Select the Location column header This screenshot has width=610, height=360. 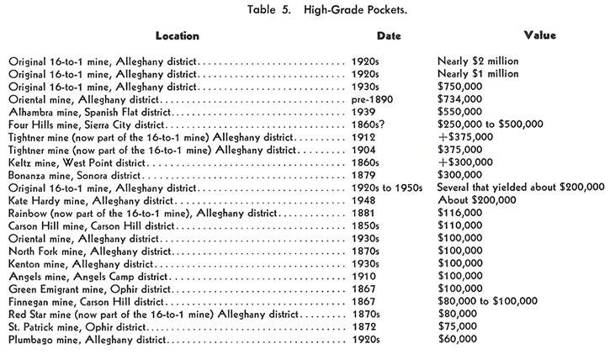[178, 36]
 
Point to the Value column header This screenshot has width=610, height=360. [538, 36]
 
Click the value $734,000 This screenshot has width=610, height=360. [462, 99]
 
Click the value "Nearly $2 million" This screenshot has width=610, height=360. [479, 61]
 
